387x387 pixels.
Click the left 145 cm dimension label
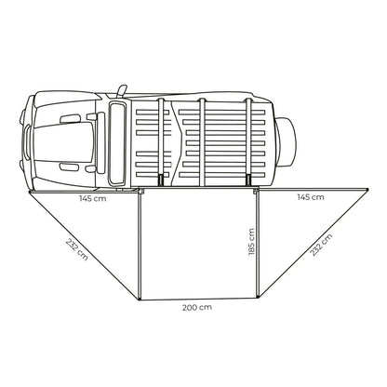point(92,198)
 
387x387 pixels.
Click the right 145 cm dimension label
point(311,197)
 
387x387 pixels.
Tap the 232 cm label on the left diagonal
point(77,249)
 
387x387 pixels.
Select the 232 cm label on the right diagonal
point(321,245)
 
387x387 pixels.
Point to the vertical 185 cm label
point(251,242)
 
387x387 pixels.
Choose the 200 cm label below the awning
point(197,307)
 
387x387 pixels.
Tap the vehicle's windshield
point(117,142)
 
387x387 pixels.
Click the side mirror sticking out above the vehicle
point(122,90)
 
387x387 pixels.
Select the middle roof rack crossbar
point(202,142)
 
